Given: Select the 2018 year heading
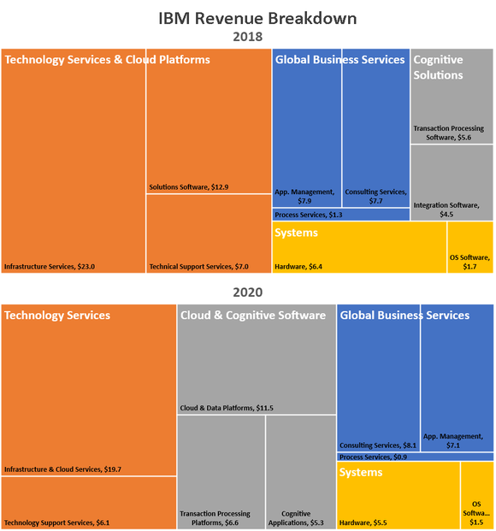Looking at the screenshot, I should [247, 37].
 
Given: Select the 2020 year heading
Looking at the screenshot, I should [247, 292].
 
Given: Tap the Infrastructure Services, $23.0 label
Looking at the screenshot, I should [50, 267].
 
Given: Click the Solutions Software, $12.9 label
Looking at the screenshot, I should [189, 186].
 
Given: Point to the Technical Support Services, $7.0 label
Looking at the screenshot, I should [198, 267].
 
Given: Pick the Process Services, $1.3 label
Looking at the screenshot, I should [309, 215].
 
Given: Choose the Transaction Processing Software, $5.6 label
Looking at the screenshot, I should [448, 133].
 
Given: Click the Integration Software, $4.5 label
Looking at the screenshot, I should [446, 209].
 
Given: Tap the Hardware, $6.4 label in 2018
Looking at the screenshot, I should [298, 267].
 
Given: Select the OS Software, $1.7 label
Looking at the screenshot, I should [469, 262].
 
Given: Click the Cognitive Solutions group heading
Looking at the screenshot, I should [439, 68].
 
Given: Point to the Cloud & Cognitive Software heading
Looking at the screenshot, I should [253, 316].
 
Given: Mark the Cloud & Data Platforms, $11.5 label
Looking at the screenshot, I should [227, 408].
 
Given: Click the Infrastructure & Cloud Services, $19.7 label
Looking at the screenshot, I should [62, 469].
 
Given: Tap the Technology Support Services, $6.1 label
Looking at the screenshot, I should [56, 522].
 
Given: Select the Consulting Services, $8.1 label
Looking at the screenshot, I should [378, 445].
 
